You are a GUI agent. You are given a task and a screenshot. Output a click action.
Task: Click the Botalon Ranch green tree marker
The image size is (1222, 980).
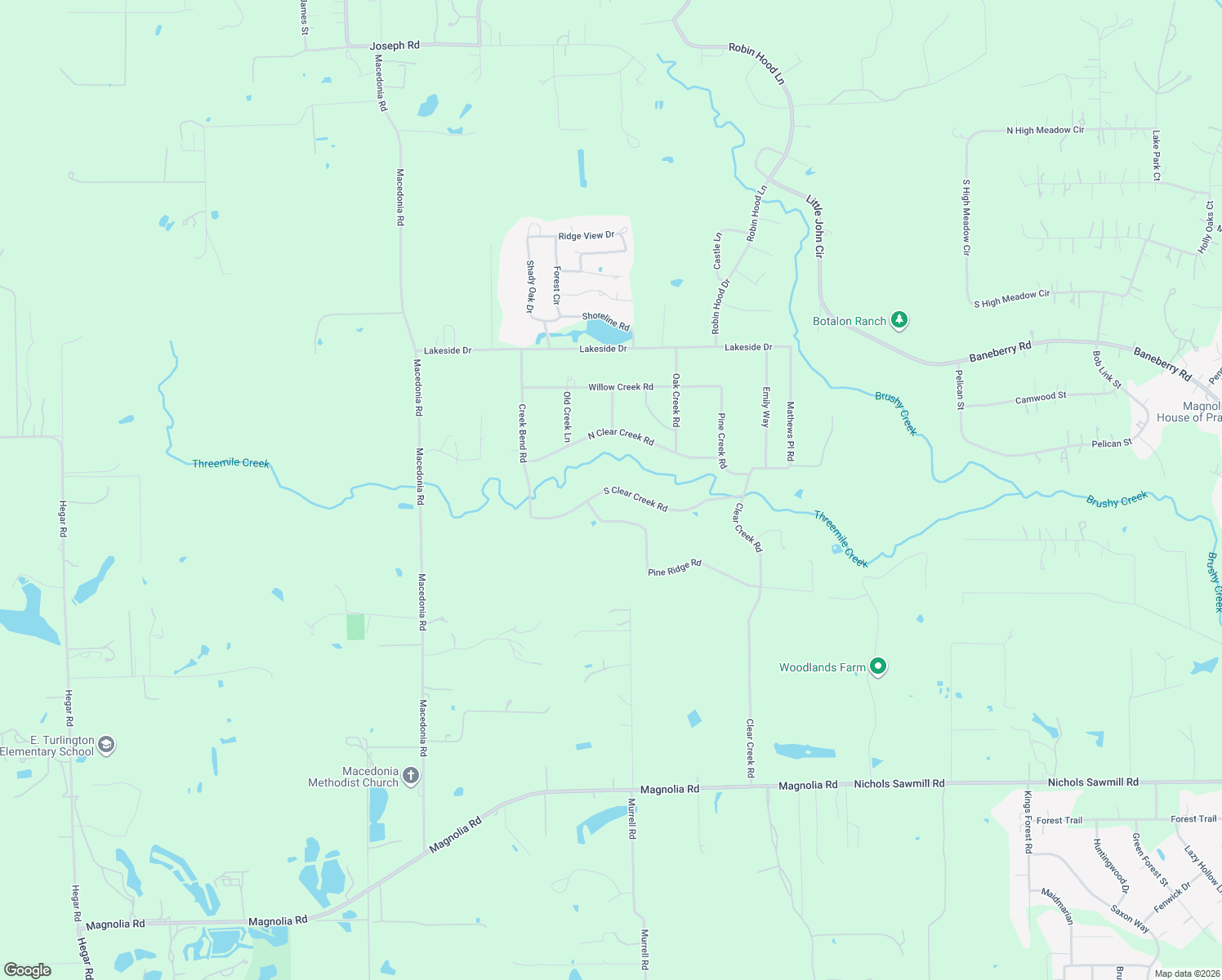pos(899,320)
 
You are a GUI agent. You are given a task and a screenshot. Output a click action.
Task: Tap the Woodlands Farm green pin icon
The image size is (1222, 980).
pos(878,667)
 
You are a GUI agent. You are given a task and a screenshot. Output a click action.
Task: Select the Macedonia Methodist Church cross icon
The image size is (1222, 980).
pos(411,776)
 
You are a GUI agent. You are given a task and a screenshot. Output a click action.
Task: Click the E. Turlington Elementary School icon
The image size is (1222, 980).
pos(106,745)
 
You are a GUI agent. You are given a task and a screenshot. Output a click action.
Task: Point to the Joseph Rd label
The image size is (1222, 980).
pos(395,46)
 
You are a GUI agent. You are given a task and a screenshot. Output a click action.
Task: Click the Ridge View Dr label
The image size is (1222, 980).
pos(586,236)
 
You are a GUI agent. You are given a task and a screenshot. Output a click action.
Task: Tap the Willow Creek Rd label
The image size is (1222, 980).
pos(621,387)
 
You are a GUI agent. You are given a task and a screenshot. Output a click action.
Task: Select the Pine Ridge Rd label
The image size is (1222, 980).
pos(675,568)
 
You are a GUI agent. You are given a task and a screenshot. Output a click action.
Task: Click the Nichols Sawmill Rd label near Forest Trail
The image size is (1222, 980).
pos(1093,782)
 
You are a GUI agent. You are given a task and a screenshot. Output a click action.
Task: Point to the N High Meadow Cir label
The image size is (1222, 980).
pos(1045,131)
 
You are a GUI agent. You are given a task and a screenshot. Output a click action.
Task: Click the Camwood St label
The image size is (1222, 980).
pos(1041,398)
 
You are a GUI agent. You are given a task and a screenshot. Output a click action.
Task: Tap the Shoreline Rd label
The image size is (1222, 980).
pos(606,320)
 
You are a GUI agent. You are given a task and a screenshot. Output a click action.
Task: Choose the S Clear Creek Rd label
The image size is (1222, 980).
pos(636,499)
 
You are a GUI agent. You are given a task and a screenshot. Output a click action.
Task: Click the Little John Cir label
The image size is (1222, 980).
pos(814,226)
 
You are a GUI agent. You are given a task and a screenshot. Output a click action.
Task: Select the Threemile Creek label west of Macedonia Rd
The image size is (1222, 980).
pos(230,463)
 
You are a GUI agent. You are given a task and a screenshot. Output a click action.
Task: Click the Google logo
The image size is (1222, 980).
pos(28,970)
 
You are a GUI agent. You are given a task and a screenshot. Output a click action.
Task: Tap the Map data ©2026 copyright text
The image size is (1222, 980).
pos(1184,973)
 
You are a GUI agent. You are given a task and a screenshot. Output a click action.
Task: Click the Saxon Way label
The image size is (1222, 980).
pos(1130,919)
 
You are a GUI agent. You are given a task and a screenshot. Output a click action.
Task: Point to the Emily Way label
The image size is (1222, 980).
pos(765,407)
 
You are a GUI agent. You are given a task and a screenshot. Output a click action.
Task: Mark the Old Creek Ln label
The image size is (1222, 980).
pos(567,416)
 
